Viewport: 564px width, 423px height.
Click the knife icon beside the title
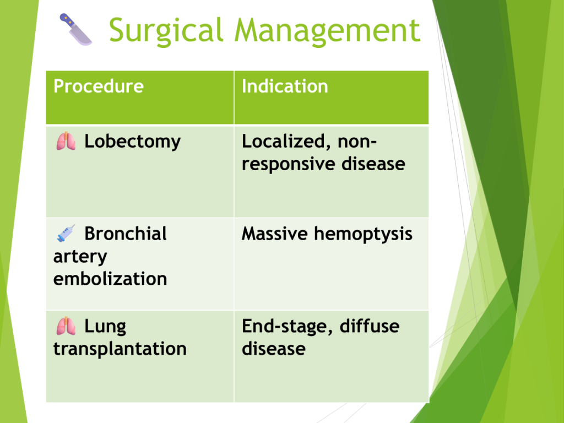(75, 30)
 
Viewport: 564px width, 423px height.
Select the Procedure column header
(99, 86)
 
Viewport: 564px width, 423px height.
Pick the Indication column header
(285, 86)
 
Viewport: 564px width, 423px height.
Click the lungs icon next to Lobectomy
(66, 141)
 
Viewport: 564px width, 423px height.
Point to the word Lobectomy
(132, 142)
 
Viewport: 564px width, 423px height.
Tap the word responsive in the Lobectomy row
(289, 164)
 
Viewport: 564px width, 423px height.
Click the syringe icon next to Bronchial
(66, 233)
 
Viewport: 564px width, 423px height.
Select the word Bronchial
(126, 234)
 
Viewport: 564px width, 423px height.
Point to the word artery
(80, 257)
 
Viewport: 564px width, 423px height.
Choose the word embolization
(110, 279)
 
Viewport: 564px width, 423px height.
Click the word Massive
(275, 234)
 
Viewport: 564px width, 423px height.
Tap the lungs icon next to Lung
(66, 326)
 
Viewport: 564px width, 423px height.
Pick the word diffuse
(370, 326)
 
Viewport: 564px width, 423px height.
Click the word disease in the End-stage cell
(274, 349)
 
